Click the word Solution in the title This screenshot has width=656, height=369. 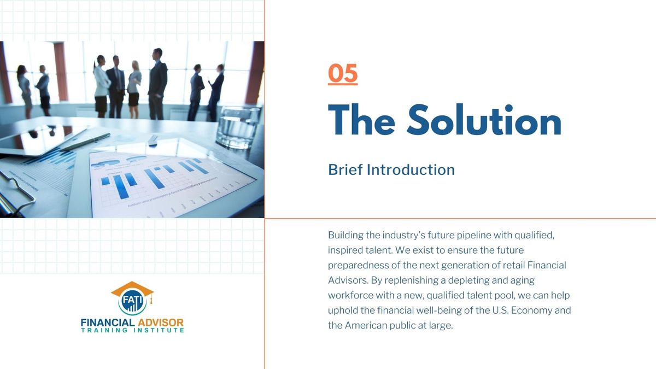pyautogui.click(x=484, y=120)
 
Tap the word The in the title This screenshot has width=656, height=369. pyautogui.click(x=361, y=120)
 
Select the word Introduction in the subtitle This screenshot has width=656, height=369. pyautogui.click(x=411, y=170)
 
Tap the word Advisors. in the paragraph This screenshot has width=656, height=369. pyautogui.click(x=348, y=280)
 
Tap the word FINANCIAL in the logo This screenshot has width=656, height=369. pyautogui.click(x=108, y=323)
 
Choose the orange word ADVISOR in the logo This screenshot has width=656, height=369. pyautogui.click(x=161, y=323)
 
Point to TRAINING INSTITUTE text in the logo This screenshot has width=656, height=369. pyautogui.click(x=132, y=330)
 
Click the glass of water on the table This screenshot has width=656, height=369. pyautogui.click(x=238, y=127)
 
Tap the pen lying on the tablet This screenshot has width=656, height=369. pyautogui.click(x=85, y=142)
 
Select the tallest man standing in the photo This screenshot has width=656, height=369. pyautogui.click(x=157, y=84)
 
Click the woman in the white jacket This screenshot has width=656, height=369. pyautogui.click(x=101, y=86)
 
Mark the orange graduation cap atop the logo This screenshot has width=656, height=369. pyautogui.click(x=132, y=289)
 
